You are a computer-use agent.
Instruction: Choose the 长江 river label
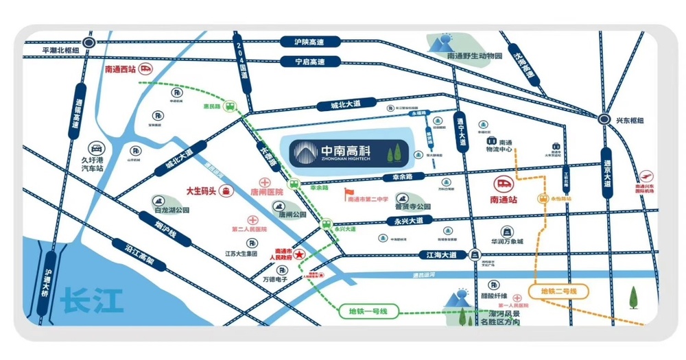86,300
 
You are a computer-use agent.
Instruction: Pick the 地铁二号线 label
559,291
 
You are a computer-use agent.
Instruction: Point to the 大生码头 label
202,191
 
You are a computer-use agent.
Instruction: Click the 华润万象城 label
506,241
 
